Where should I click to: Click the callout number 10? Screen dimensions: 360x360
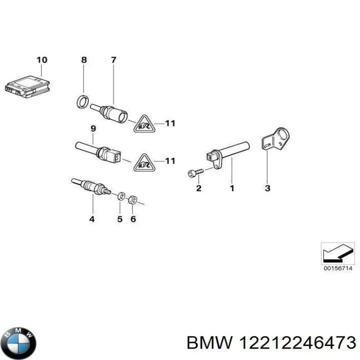[x=42, y=60]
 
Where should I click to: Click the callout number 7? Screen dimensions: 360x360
[x=113, y=60]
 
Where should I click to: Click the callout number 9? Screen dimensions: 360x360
[x=92, y=128]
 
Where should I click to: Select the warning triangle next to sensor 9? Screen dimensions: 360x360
[x=143, y=161]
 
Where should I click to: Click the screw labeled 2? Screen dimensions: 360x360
[x=195, y=172]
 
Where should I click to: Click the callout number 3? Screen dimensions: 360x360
[x=267, y=188]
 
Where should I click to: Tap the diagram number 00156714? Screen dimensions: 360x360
[x=338, y=268]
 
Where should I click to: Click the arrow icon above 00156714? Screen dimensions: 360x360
[x=338, y=253]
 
